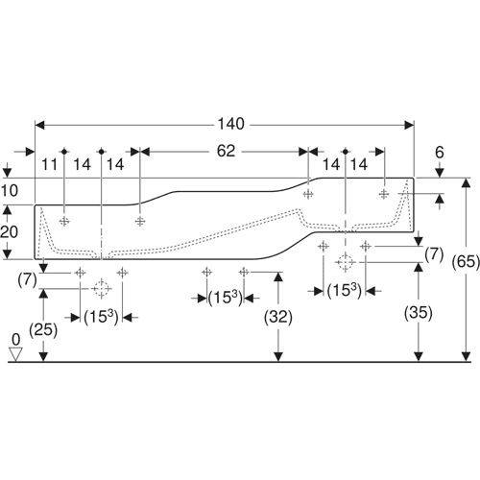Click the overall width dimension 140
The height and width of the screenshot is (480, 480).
(230, 124)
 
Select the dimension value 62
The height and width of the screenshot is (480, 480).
(226, 151)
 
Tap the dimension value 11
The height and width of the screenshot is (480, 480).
(50, 165)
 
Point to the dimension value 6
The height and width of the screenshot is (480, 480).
(440, 153)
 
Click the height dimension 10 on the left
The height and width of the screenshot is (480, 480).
(10, 191)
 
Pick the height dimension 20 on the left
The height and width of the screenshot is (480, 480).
(10, 232)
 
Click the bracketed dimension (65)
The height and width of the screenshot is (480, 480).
(466, 262)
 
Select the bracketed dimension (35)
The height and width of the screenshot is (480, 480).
(419, 313)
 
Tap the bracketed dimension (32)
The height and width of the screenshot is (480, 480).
(278, 318)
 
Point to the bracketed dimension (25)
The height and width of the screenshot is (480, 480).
(43, 330)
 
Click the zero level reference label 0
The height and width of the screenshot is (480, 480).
(15, 339)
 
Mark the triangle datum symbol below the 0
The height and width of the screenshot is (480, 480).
(15, 354)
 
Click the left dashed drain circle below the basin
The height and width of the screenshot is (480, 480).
(102, 289)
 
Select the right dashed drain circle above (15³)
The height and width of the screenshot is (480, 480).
(345, 262)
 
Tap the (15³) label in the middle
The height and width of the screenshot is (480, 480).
(226, 299)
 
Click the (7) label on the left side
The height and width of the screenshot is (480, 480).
(28, 281)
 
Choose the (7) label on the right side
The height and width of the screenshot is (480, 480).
(434, 254)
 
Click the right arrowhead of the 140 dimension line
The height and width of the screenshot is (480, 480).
(409, 126)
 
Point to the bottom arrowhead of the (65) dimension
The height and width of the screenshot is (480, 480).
(466, 357)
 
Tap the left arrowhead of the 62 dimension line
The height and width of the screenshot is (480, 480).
(145, 152)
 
